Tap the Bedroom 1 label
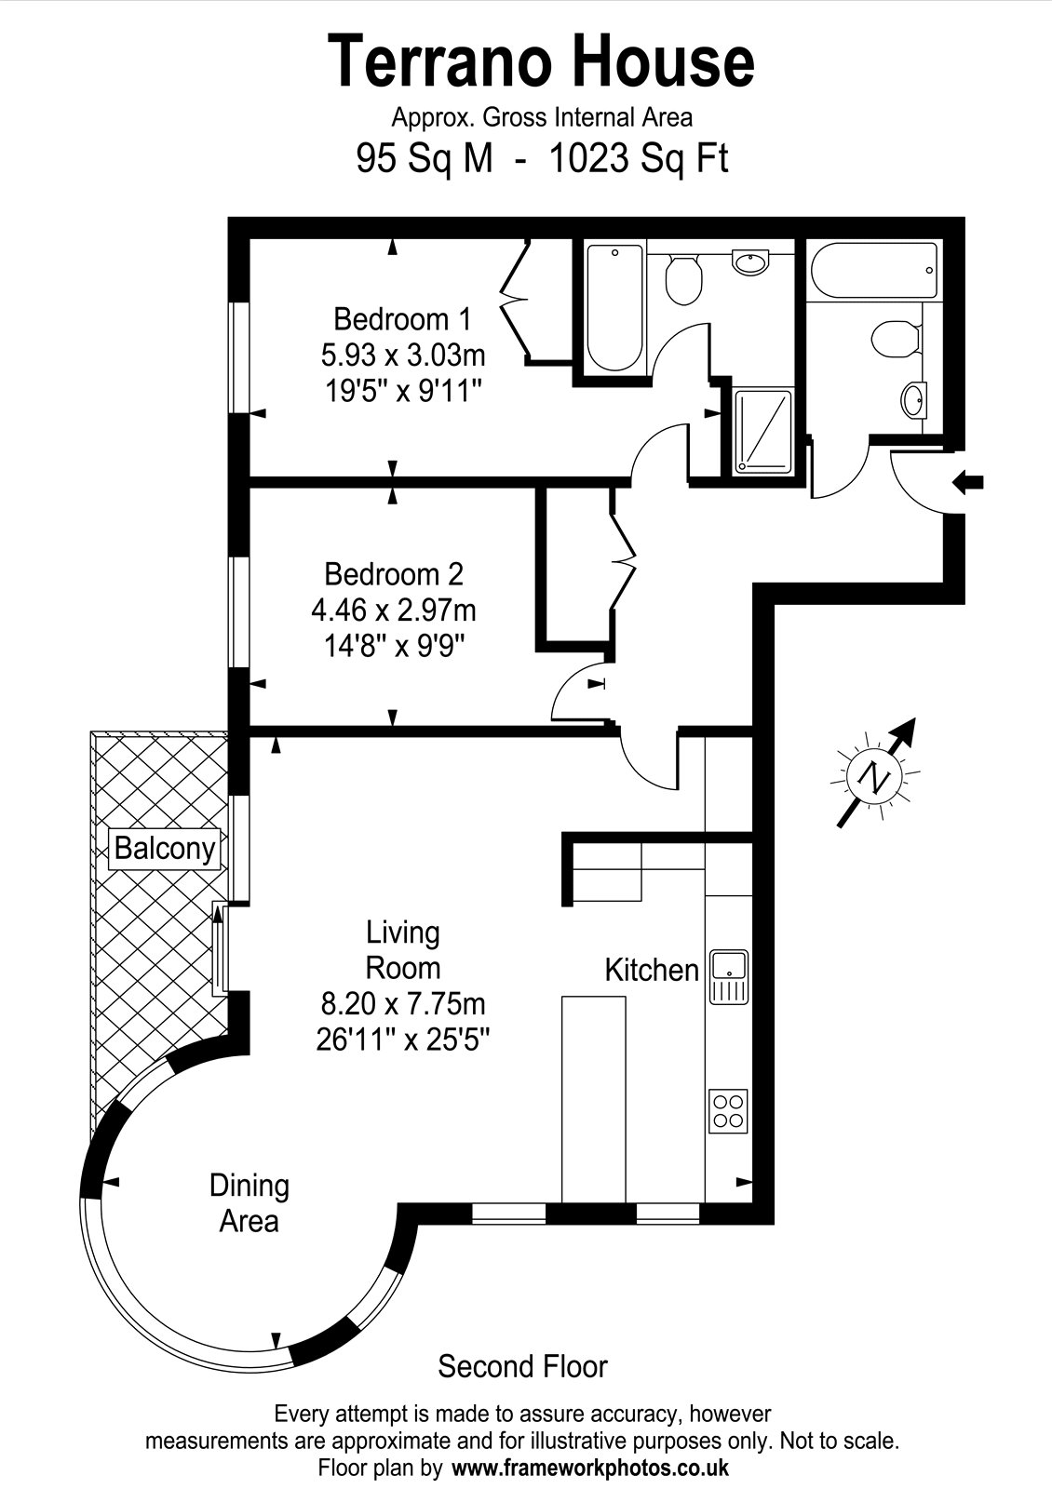[x=402, y=319]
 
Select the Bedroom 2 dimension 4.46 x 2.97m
[x=394, y=610]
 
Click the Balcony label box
[x=164, y=848]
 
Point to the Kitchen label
[x=652, y=970]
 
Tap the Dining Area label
[x=250, y=1204]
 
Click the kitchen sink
[x=730, y=976]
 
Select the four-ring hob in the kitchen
[x=728, y=1111]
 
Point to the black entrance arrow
[x=968, y=482]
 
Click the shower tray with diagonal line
[x=763, y=432]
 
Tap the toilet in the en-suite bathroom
[x=683, y=280]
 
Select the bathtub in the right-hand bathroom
[x=874, y=271]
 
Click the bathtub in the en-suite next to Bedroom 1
[x=615, y=308]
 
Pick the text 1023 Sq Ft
[x=639, y=159]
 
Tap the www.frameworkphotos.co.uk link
[x=590, y=1467]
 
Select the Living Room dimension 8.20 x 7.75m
[x=403, y=1004]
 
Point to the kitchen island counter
[x=594, y=1099]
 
